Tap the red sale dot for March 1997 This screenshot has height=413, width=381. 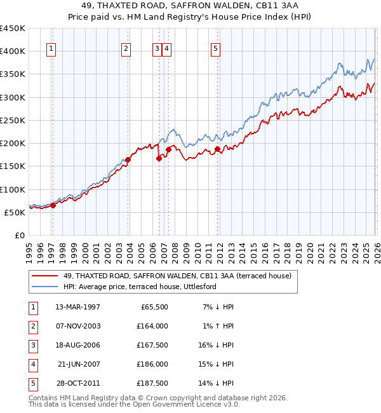[x=53, y=205]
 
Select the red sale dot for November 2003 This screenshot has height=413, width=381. [x=128, y=159]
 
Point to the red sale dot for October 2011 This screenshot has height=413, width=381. [x=217, y=149]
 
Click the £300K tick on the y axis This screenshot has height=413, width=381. [x=12, y=97]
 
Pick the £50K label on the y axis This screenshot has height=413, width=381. [x=15, y=212]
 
